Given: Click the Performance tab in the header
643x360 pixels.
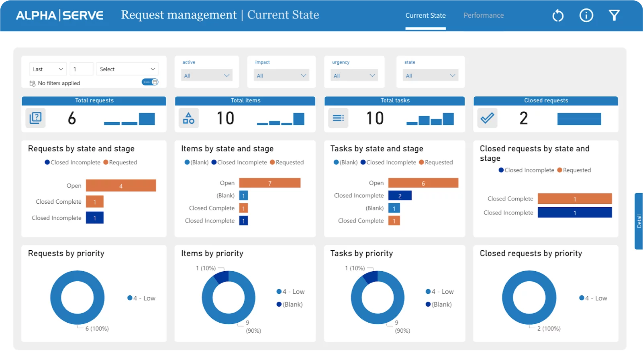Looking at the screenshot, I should [x=484, y=15].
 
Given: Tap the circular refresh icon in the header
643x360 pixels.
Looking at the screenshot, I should [x=558, y=16].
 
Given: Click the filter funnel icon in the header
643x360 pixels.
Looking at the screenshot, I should [x=614, y=15].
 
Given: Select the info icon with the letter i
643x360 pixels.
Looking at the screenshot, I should [x=586, y=15].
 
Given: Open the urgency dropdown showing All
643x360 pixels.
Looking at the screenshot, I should [x=354, y=76].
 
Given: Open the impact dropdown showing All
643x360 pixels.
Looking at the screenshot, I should [x=281, y=76].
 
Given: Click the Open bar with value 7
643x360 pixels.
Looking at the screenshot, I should [x=269, y=183].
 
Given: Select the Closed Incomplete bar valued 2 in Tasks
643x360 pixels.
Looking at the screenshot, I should [x=400, y=196].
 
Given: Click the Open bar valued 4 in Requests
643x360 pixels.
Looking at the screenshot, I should [x=120, y=186].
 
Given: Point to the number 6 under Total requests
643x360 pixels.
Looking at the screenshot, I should [x=72, y=118].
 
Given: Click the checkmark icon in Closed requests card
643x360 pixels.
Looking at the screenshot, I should [x=487, y=118].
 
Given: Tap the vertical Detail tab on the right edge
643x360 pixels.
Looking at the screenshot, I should [x=639, y=221].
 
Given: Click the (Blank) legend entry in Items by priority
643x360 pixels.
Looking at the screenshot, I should [x=292, y=305].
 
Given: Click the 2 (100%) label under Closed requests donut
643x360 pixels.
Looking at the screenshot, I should [x=549, y=329].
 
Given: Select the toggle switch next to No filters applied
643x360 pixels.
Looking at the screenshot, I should [x=150, y=82].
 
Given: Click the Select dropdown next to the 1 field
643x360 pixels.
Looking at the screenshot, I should [x=127, y=69].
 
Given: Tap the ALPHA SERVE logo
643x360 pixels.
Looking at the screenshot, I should [x=59, y=15].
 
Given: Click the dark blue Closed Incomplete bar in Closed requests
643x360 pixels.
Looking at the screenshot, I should [x=574, y=213].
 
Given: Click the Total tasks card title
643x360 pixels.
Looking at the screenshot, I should [x=394, y=100].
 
